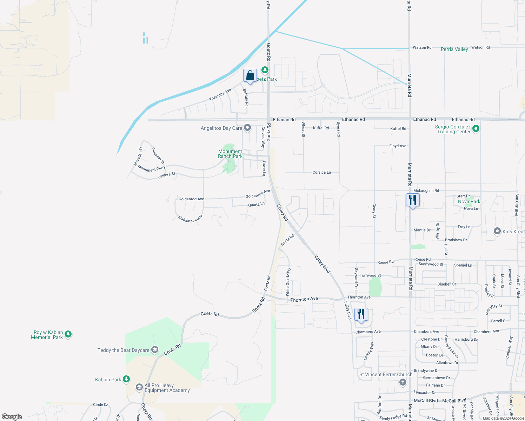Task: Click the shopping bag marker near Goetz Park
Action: pyautogui.click(x=250, y=76)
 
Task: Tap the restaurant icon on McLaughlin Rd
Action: pyautogui.click(x=413, y=200)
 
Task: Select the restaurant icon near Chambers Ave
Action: pyautogui.click(x=361, y=314)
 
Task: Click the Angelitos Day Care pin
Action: pyautogui.click(x=247, y=128)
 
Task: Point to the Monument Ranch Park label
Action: pyautogui.click(x=230, y=154)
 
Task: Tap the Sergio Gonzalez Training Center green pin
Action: pyautogui.click(x=476, y=129)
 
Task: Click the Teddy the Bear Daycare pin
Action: pyautogui.click(x=155, y=350)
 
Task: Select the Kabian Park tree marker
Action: pyautogui.click(x=126, y=379)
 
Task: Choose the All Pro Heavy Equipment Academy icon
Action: pyautogui.click(x=139, y=387)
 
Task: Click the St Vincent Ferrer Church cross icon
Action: pyautogui.click(x=403, y=382)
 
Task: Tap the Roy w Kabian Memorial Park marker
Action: pyautogui.click(x=68, y=334)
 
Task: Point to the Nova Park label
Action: pyautogui.click(x=469, y=202)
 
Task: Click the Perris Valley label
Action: pyautogui.click(x=454, y=49)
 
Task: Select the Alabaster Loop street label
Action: pyautogui.click(x=190, y=219)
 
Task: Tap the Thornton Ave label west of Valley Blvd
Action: pyautogui.click(x=304, y=299)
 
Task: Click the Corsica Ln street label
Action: pyautogui.click(x=321, y=172)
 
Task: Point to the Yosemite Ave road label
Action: pyautogui.click(x=220, y=94)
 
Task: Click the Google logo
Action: pyautogui.click(x=12, y=417)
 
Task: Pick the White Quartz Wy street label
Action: pyautogui.click(x=288, y=281)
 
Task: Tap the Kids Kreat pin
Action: pyautogui.click(x=497, y=231)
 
